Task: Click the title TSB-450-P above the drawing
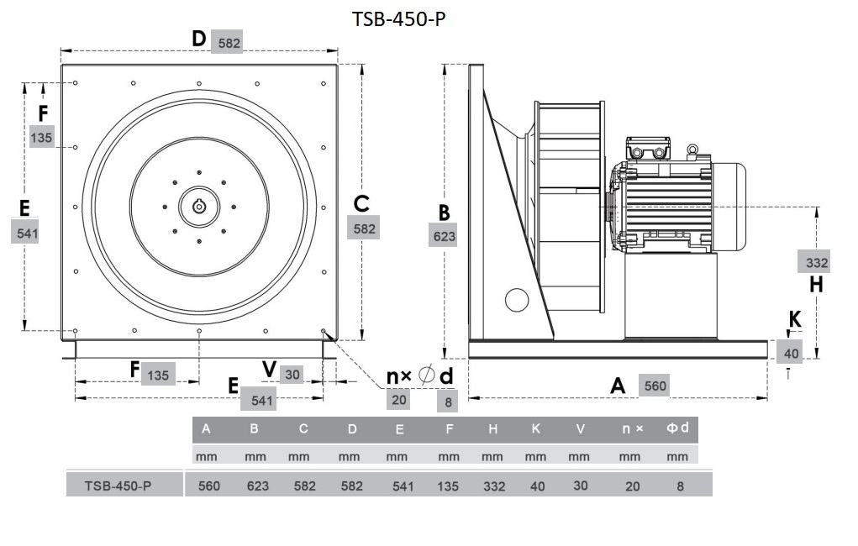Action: click(x=398, y=18)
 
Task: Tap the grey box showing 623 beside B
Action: click(x=444, y=236)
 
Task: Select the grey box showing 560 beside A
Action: click(x=655, y=386)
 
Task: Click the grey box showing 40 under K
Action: click(x=791, y=354)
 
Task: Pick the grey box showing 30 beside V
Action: click(x=292, y=375)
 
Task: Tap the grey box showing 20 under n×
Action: click(x=399, y=399)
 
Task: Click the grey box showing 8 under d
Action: click(x=449, y=402)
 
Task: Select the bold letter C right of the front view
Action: click(x=361, y=203)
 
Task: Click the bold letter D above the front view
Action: click(x=198, y=39)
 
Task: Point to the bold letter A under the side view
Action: click(x=618, y=386)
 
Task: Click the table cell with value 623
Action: click(x=255, y=486)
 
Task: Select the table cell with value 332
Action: click(x=494, y=486)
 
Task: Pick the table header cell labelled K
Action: click(x=535, y=429)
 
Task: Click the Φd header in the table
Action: click(x=678, y=428)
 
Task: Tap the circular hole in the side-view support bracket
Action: click(x=515, y=300)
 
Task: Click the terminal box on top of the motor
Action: click(x=648, y=149)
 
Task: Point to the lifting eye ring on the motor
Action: click(x=692, y=150)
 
